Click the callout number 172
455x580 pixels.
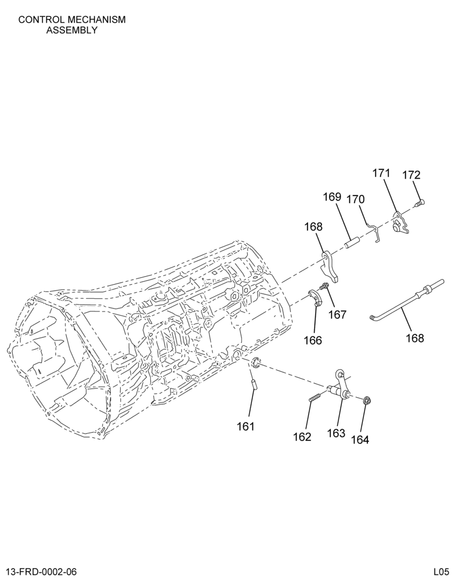click(411, 175)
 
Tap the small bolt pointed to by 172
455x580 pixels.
click(420, 202)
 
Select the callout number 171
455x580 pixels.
click(381, 173)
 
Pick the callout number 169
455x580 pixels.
click(332, 197)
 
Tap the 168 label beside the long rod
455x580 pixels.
click(414, 338)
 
